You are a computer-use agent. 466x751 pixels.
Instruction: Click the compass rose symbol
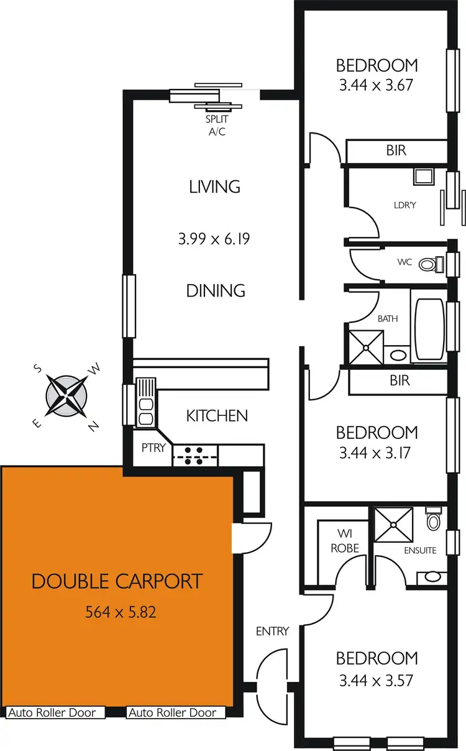66,394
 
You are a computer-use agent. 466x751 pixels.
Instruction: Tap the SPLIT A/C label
217,124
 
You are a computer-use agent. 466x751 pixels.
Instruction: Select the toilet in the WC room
427,264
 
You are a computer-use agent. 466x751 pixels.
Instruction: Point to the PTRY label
153,447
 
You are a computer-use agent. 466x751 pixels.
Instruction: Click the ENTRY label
272,631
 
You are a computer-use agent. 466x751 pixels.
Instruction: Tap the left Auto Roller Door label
52,712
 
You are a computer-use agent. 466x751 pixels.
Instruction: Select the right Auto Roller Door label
172,712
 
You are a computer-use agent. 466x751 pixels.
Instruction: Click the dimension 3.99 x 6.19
214,238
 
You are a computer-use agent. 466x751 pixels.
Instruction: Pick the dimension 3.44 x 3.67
377,85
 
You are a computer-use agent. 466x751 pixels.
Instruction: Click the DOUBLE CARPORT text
117,582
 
